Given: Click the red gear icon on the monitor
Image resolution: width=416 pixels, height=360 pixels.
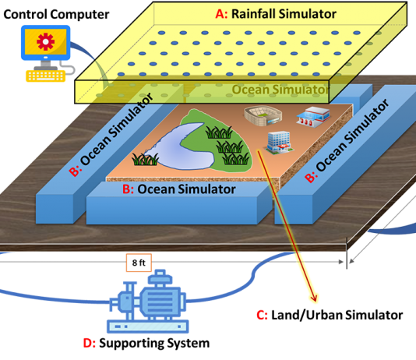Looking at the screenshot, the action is (45, 41).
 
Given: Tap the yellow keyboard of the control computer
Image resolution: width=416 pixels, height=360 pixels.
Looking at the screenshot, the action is (45, 76).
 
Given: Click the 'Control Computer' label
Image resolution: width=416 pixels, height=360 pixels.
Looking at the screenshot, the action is (56, 14).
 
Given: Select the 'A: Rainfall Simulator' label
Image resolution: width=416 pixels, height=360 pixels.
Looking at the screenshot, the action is (276, 14).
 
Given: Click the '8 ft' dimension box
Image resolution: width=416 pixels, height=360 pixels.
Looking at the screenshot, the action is (139, 263).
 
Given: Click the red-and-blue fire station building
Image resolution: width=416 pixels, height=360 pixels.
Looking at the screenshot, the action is (313, 117).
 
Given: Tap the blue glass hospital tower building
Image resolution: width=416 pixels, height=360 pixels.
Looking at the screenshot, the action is (279, 142).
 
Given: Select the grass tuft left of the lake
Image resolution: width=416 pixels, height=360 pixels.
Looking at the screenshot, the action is (145, 160).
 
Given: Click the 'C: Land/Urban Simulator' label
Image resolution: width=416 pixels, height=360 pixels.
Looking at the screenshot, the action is (330, 315).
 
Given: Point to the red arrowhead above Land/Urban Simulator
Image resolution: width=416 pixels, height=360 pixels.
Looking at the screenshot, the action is (315, 298).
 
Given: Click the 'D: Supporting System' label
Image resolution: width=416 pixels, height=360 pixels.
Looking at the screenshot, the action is (146, 343).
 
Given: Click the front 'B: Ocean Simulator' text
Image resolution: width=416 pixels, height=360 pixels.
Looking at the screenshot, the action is (179, 189).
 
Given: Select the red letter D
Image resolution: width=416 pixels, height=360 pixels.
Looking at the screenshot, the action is (89, 343).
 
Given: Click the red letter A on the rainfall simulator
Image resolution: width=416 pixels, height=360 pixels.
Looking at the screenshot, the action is (221, 14).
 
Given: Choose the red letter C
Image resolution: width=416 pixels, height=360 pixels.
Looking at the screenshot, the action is (262, 315).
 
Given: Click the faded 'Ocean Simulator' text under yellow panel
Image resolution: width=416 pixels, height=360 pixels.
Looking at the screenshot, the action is (280, 90).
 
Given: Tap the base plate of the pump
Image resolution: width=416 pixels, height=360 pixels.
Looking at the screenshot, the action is (148, 326).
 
